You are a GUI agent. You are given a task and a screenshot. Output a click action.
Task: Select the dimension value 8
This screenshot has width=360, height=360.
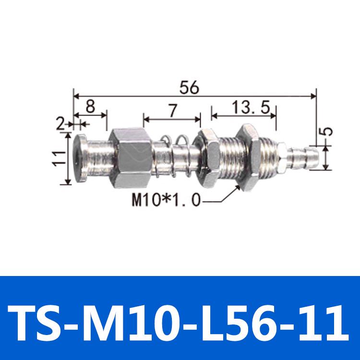[90, 107]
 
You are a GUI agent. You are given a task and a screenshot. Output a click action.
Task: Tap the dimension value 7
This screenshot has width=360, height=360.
[172, 110]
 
